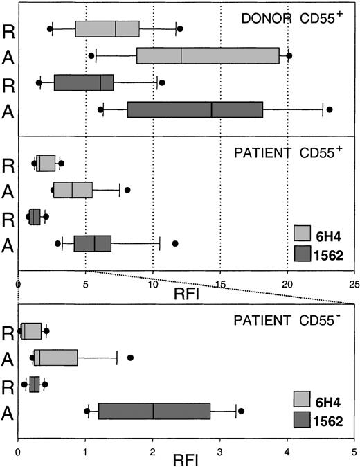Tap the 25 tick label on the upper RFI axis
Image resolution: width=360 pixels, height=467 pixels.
point(354,283)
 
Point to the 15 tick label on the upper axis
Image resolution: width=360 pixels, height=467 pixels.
point(219,283)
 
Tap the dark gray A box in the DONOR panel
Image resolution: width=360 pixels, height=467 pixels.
point(195,109)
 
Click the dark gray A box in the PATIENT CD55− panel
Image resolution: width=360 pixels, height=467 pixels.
point(154,411)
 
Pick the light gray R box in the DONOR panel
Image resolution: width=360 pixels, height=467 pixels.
point(107,28)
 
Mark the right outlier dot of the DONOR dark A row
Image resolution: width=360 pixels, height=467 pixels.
point(330,109)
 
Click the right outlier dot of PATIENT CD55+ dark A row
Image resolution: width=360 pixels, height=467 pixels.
point(175,243)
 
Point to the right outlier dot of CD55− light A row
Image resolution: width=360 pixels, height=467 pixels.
point(130,358)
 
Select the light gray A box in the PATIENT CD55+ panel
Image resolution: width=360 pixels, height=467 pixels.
point(73,189)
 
